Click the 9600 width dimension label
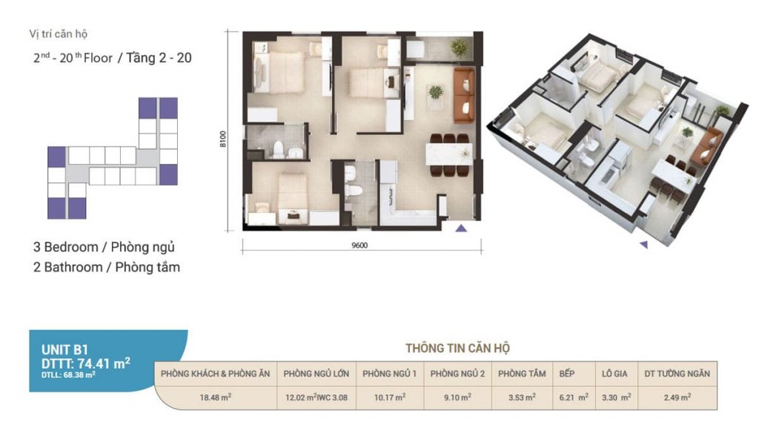pos(359,246)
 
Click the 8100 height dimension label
pos(222,139)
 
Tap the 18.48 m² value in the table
pos(216,398)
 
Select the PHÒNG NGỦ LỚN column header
pos(316,374)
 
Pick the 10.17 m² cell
pos(390,398)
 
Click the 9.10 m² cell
pos(457,398)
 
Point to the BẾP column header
pos(567,374)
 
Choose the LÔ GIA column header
pos(614,374)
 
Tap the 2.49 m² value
pos(677,398)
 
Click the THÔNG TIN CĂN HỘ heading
pos(457,348)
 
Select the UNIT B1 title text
pos(64,349)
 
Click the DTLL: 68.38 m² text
pos(67,375)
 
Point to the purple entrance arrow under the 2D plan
pos(461,228)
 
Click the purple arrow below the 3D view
pos(644,245)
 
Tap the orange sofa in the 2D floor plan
pos(464,96)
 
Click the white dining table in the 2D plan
pos(448,154)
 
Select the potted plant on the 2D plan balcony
pos(459,48)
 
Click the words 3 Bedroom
pos(66,247)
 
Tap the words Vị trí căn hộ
pos(58,34)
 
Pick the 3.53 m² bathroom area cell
pos(522,398)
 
